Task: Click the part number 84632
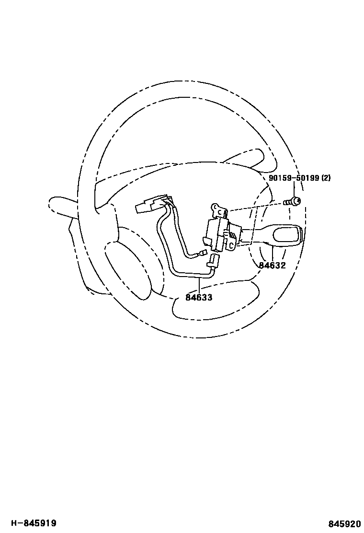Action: click(x=272, y=265)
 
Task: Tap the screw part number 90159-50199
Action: click(x=294, y=178)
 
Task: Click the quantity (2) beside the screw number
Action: click(x=326, y=178)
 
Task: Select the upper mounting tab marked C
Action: click(x=219, y=210)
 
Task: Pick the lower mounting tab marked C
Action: click(x=230, y=245)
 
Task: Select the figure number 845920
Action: click(x=344, y=523)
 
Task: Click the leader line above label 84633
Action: click(x=199, y=285)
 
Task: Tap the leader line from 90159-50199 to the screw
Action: click(x=294, y=189)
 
